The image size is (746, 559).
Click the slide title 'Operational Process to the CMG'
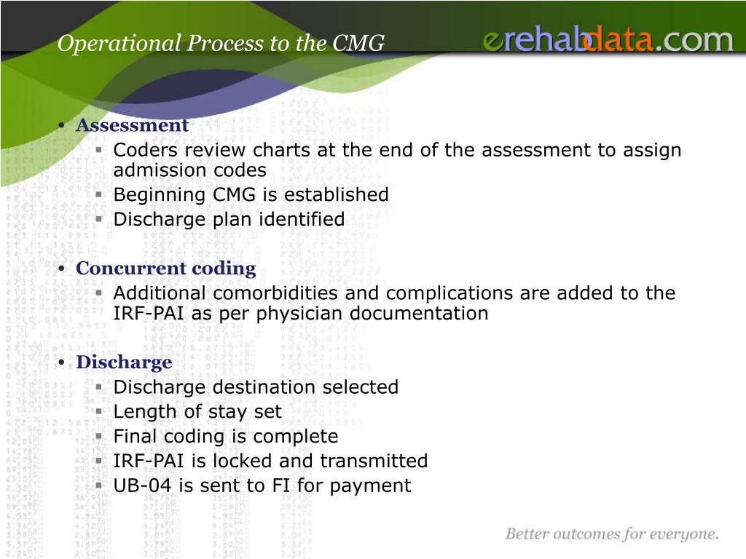221,43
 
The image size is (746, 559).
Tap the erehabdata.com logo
608,39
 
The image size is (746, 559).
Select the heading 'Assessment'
133,125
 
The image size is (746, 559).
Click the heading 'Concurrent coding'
166,269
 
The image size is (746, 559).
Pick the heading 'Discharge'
124,362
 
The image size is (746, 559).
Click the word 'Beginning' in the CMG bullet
159,195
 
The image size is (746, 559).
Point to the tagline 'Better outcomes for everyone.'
612,534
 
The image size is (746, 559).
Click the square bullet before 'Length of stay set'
99,412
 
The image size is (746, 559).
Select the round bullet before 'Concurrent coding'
61,269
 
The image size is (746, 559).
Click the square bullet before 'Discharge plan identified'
99,219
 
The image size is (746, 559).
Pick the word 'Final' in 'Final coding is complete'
132,437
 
